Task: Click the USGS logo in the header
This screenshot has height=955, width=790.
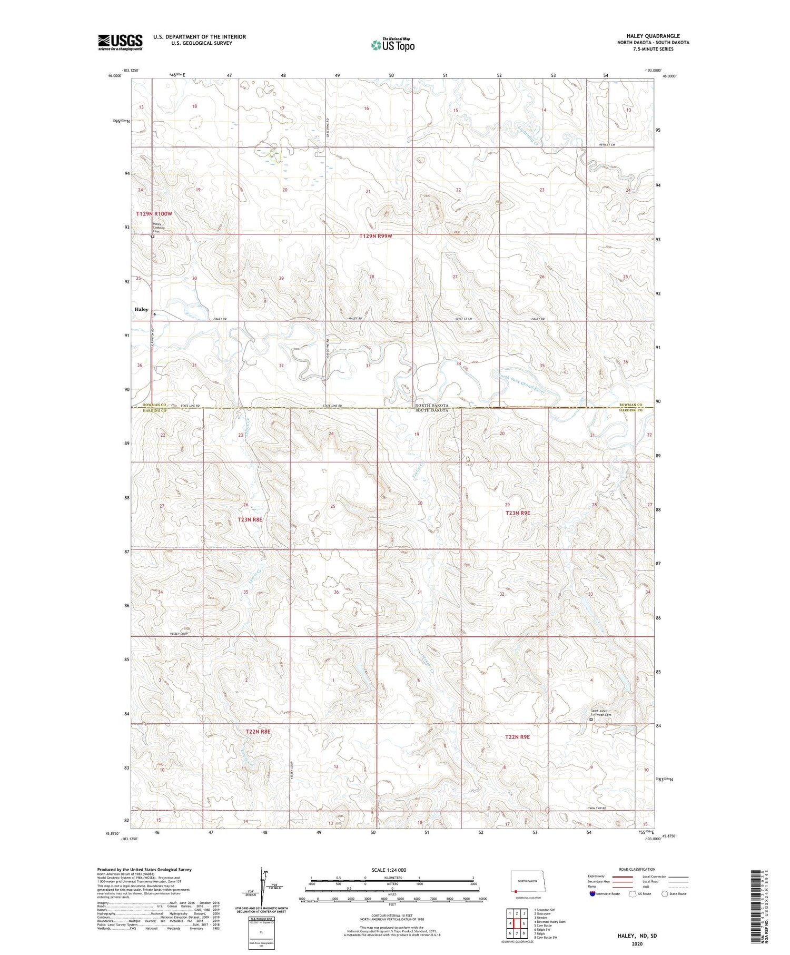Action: pos(120,42)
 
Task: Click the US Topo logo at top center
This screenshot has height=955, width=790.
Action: pos(392,45)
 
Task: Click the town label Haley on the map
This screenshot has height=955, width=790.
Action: pos(141,309)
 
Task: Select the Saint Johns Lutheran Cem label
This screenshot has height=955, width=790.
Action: pos(600,713)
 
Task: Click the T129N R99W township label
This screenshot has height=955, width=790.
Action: pos(376,236)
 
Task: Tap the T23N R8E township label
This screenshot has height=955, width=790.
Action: pos(250,519)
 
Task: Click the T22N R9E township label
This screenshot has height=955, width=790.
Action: pos(517,737)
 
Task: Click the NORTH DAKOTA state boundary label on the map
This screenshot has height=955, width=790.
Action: pos(431,405)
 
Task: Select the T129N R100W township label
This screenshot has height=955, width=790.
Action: pos(154,214)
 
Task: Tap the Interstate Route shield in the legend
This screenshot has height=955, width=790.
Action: pos(592,894)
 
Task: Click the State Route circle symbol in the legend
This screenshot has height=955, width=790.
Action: pos(665,894)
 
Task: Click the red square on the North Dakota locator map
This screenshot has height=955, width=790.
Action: pos(515,892)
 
